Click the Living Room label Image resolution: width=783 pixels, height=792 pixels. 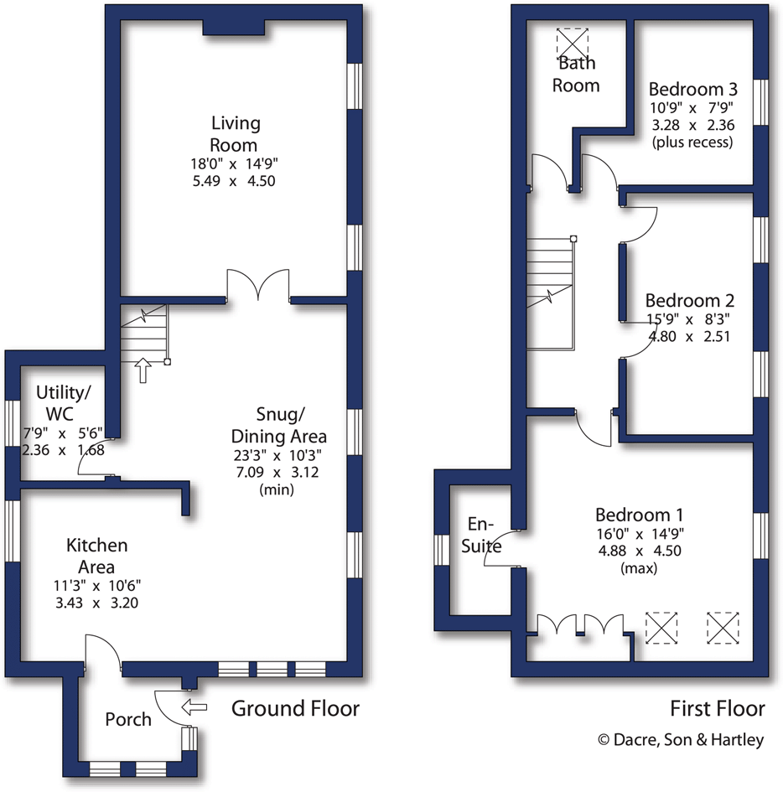pos(236,134)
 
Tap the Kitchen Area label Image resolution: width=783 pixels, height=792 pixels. pos(97,556)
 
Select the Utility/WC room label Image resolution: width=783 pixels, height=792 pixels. pos(63,402)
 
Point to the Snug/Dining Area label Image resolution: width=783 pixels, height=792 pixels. pos(278,425)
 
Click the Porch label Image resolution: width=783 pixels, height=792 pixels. pos(128,719)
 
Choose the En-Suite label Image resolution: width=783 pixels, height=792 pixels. pos(484,536)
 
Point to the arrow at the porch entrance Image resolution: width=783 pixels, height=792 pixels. pos(194,707)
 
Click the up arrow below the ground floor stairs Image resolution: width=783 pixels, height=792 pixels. pos(143,370)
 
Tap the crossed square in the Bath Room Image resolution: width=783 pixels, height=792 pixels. pos(574,42)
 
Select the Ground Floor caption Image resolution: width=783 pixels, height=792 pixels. pos(295,708)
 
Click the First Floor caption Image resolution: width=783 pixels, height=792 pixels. pos(718,709)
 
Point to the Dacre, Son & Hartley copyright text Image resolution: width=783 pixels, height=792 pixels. pos(680,741)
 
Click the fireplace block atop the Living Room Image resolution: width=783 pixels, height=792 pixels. pos(234,28)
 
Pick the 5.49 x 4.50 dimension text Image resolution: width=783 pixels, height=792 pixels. pos(236,180)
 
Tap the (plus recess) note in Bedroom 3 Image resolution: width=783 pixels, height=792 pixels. pos(692,142)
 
